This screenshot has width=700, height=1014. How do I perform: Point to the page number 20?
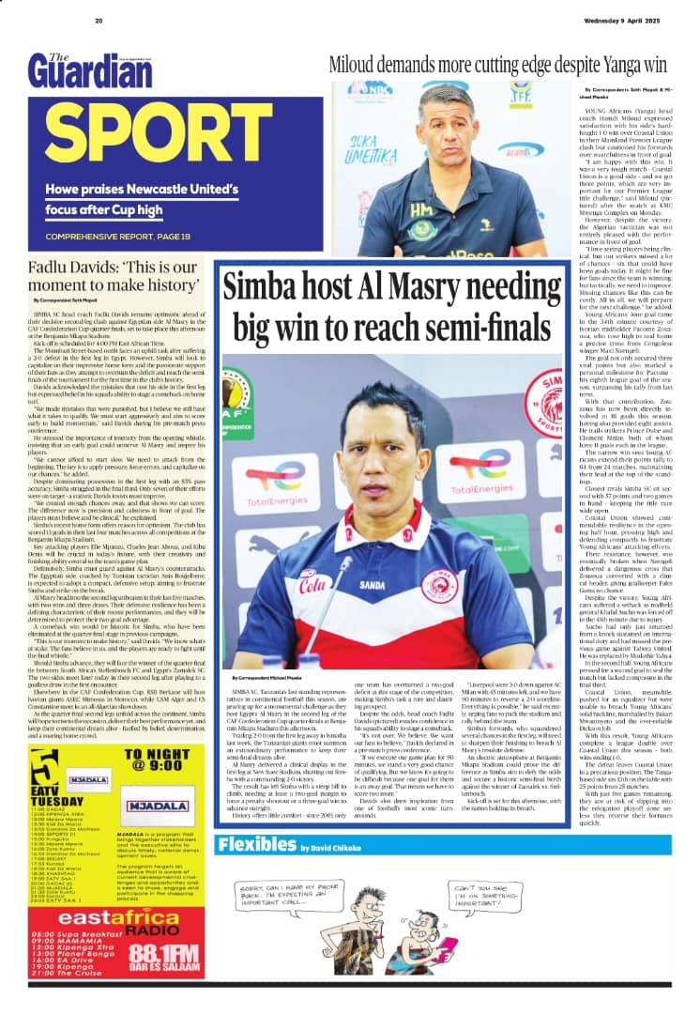click(99, 21)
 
